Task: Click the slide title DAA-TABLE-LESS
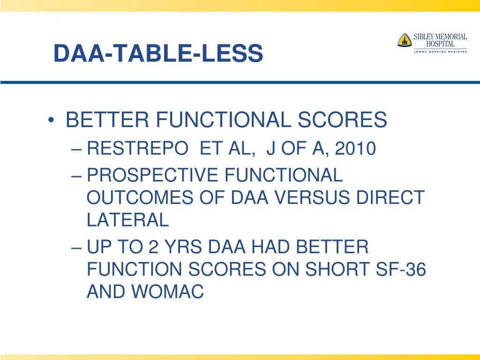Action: tap(158, 53)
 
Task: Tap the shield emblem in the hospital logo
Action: tap(404, 40)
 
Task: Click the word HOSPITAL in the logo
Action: tap(440, 44)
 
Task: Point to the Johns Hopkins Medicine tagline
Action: tap(440, 52)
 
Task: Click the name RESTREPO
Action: tap(137, 149)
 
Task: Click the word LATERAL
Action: tap(127, 219)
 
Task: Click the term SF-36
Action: tap(402, 270)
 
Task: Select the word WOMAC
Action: tap(168, 292)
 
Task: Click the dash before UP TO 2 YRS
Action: tap(78, 247)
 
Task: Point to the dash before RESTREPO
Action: tap(78, 149)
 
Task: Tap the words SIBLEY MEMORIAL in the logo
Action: tap(440, 37)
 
